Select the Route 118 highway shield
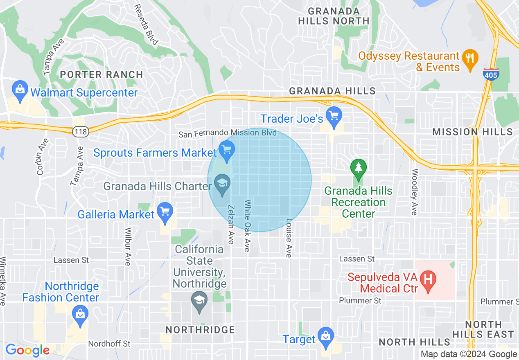(79, 131)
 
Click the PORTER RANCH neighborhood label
(102, 74)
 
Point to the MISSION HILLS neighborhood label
(472, 132)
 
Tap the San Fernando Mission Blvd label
(228, 133)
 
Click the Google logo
(27, 350)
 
